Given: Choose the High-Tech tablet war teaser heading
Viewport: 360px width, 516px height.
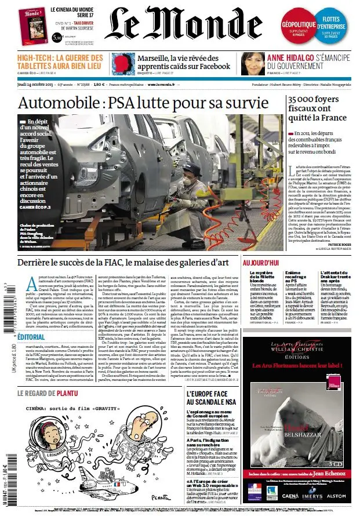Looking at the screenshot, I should [60, 61].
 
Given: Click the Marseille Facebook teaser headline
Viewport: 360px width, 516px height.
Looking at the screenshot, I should [183, 61].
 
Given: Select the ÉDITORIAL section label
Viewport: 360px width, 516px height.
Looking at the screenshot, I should [31, 337].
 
